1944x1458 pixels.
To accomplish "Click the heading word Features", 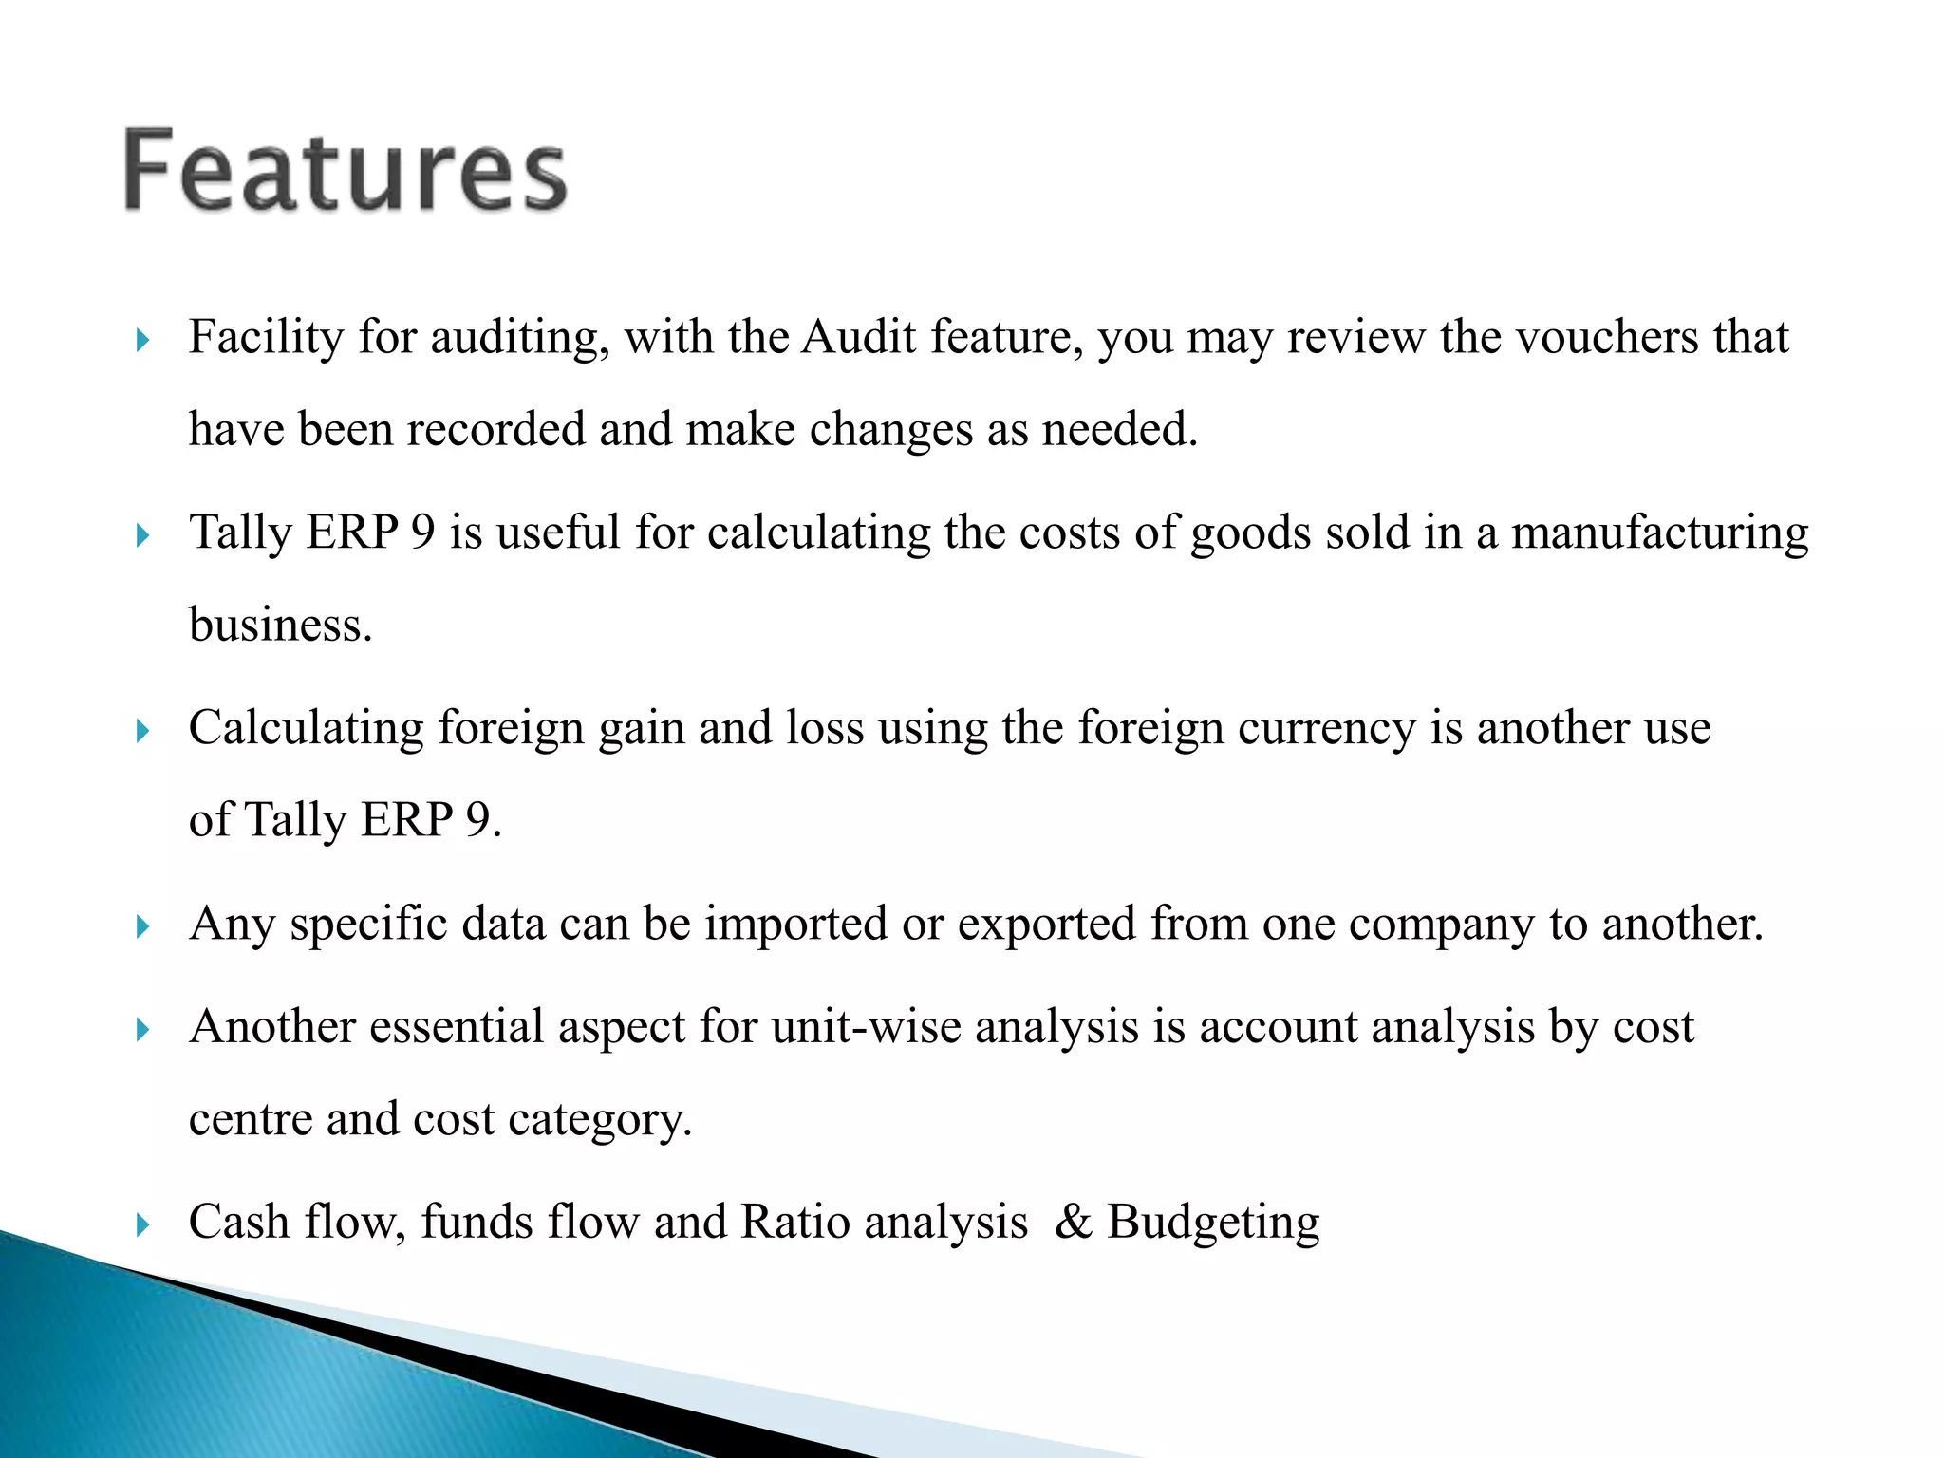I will pyautogui.click(x=346, y=171).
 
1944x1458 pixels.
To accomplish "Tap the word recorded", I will pyautogui.click(x=495, y=429).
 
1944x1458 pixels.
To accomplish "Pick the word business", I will pyautogui.click(x=280, y=625).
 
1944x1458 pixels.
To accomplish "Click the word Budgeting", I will pyautogui.click(x=1213, y=1223).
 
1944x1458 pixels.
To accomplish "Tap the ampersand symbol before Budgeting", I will pyautogui.click(x=1073, y=1222).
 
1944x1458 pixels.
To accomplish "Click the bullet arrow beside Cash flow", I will pyautogui.click(x=143, y=1224).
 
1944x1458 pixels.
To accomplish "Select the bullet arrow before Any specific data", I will pyautogui.click(x=143, y=926).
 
